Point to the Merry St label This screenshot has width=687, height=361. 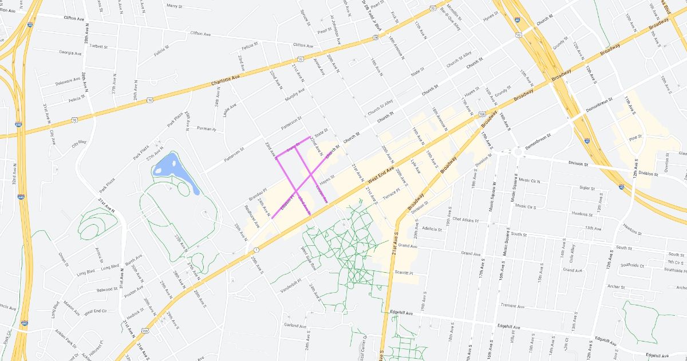(173, 6)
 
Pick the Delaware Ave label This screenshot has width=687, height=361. (68, 81)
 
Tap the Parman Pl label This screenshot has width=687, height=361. (206, 129)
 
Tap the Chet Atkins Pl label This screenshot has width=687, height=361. (464, 219)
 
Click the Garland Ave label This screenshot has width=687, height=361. (295, 325)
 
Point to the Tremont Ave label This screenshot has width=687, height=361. (512, 305)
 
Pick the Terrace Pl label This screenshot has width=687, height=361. (392, 194)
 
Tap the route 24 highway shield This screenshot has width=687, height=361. (374, 37)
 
